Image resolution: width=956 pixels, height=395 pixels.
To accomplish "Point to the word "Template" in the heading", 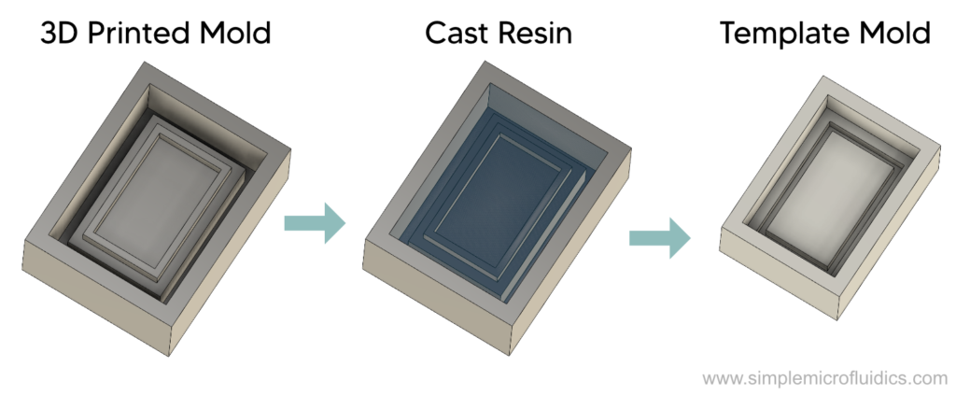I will tap(780, 34).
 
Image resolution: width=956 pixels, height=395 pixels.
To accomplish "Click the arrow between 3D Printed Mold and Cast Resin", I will tap(315, 223).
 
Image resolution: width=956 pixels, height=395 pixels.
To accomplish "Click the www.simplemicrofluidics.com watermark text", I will tap(824, 379).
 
